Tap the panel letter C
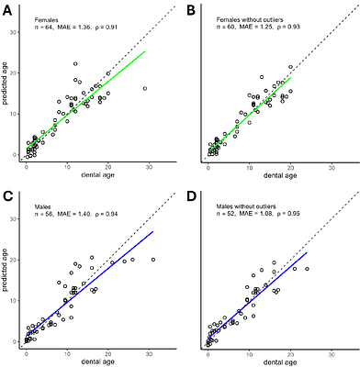click(x=6, y=195)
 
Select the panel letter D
click(x=190, y=195)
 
